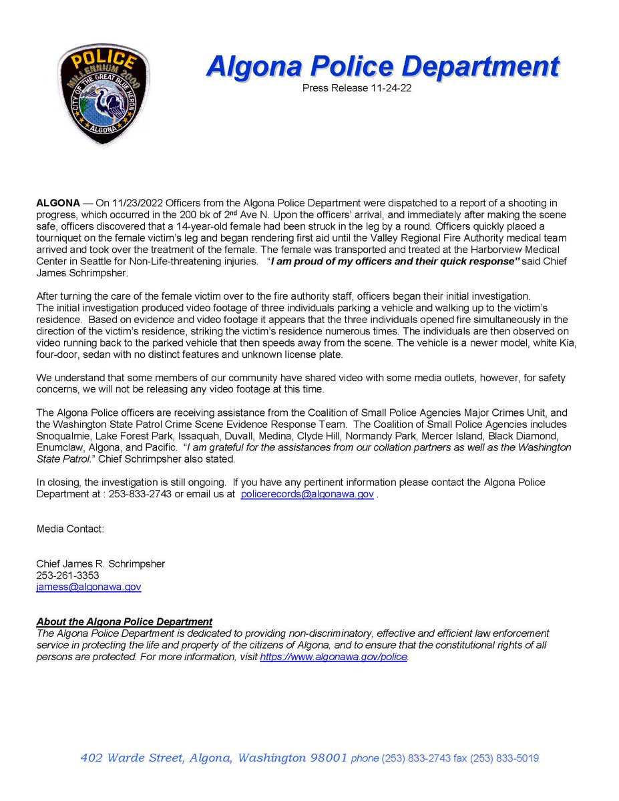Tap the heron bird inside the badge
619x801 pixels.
(106, 97)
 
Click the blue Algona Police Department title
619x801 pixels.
(383, 67)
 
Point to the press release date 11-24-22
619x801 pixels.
(388, 87)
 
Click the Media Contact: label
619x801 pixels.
(70, 529)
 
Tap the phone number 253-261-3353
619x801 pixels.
(67, 575)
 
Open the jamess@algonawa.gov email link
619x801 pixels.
(88, 587)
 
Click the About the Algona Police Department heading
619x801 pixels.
(124, 621)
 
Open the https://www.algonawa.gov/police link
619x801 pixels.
(333, 657)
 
